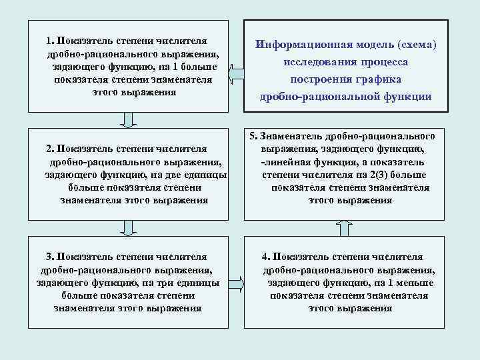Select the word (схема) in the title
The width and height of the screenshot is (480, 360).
(x=416, y=46)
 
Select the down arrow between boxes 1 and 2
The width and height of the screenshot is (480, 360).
(x=128, y=119)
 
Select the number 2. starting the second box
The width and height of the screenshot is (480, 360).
(x=51, y=148)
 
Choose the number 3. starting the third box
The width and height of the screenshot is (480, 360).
(x=49, y=256)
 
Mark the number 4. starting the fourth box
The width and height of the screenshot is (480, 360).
(x=266, y=256)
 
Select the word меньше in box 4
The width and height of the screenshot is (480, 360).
(x=416, y=282)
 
